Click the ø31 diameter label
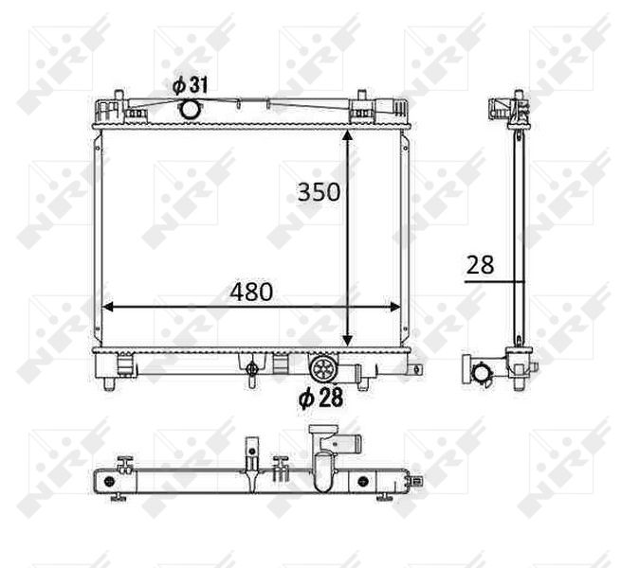click(191, 86)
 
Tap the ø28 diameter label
click(320, 398)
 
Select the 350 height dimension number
click(319, 192)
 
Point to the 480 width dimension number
click(251, 292)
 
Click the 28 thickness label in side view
click(480, 265)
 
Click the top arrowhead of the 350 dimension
click(347, 135)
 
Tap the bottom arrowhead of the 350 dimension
click(347, 340)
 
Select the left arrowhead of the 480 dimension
click(108, 307)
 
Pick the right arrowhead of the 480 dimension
click(394, 307)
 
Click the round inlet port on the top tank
click(190, 109)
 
